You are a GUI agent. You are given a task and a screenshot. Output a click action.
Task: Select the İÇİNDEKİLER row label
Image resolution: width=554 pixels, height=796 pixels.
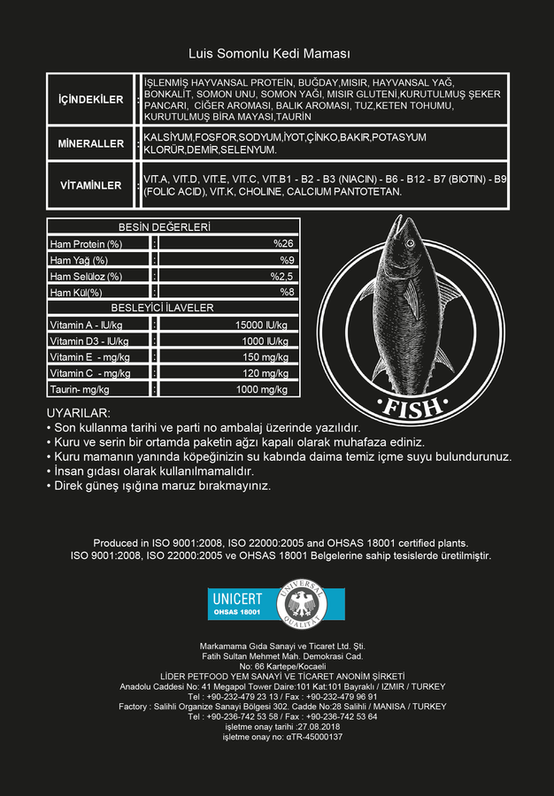click(x=90, y=100)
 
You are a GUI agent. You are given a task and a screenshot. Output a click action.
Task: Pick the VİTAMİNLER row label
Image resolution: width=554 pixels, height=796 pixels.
click(x=90, y=186)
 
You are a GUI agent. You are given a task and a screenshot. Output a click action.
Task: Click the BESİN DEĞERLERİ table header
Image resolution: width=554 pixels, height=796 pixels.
click(x=165, y=227)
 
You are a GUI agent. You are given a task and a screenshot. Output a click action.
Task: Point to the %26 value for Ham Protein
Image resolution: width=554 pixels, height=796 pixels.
click(x=282, y=243)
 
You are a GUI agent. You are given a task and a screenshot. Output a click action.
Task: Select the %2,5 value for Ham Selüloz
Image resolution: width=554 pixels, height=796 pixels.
click(x=281, y=276)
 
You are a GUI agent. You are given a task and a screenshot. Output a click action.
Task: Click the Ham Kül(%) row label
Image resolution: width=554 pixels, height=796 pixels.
click(x=76, y=293)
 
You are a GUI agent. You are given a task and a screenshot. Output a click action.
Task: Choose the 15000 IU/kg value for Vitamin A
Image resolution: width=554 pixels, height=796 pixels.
click(x=263, y=325)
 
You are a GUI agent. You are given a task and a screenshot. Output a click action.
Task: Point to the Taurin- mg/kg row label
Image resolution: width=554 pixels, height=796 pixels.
click(x=80, y=389)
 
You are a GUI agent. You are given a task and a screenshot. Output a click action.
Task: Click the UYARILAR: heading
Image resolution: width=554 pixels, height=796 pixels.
click(x=78, y=413)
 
